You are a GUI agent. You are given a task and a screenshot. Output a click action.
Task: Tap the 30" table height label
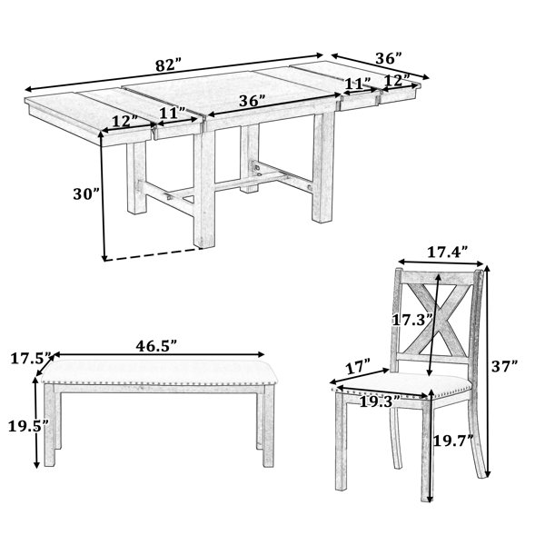(x=87, y=193)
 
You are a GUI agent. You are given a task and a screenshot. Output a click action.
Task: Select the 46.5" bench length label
(x=156, y=346)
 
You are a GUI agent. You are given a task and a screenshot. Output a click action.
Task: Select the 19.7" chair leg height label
(x=456, y=441)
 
